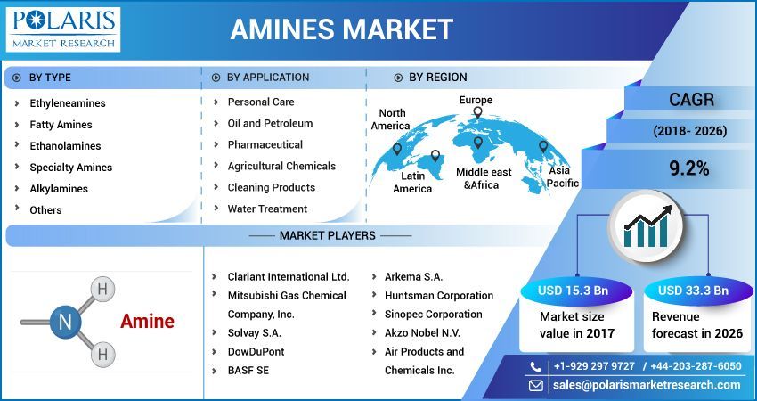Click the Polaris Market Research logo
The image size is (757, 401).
(62, 29)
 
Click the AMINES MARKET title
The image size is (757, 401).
(341, 29)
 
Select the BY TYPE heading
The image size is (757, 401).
(50, 78)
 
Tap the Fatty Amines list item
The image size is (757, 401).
(61, 125)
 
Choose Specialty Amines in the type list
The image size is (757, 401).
(70, 168)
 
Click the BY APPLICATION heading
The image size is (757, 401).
(268, 78)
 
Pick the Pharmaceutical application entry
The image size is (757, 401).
(265, 144)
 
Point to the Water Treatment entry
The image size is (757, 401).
(267, 209)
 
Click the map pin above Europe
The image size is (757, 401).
(478, 113)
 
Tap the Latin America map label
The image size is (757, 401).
(412, 182)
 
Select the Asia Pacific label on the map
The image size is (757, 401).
(561, 176)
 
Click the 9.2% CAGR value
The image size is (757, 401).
(689, 168)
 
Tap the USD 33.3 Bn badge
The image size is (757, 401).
(693, 291)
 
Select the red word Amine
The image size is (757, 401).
(147, 322)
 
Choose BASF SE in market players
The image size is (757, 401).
(248, 370)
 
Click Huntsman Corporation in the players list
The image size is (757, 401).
(438, 295)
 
